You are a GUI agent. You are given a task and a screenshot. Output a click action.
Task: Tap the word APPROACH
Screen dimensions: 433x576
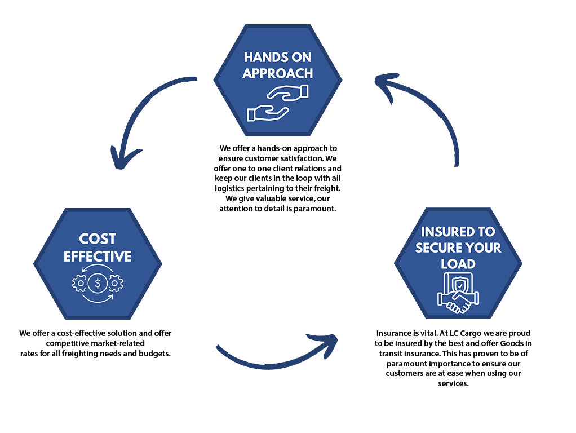tap(278, 73)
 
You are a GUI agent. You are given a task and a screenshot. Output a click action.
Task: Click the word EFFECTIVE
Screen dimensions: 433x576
tap(98, 257)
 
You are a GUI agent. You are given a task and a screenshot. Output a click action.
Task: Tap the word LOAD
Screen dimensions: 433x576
tap(458, 264)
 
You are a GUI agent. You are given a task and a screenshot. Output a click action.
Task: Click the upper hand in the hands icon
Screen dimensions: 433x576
tap(287, 92)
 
